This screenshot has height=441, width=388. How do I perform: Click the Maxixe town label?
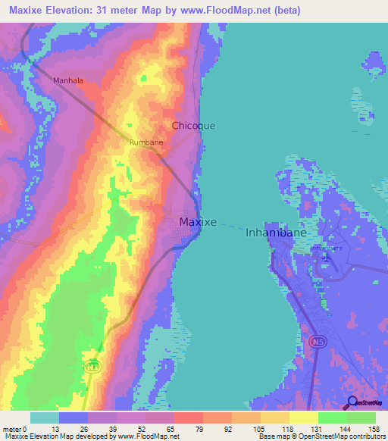(198, 222)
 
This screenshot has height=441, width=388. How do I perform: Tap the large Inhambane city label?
(276, 233)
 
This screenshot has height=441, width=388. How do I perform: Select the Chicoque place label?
(193, 126)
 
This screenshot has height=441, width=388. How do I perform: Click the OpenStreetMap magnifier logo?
(352, 403)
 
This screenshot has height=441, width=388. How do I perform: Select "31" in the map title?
(106, 11)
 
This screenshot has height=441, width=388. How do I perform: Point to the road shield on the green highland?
(92, 365)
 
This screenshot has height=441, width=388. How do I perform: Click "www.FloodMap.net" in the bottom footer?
(149, 436)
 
